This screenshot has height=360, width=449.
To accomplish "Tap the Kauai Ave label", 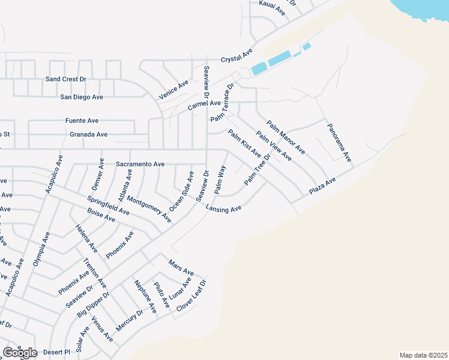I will click(x=272, y=4).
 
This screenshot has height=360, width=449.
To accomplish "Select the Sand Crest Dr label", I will click(x=66, y=79).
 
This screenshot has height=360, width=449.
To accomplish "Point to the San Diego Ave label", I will click(x=82, y=97).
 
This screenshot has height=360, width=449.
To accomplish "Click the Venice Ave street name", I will click(x=173, y=89).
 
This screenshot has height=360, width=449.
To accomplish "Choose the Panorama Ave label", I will click(x=339, y=143).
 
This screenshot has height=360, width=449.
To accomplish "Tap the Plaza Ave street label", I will click(x=322, y=185).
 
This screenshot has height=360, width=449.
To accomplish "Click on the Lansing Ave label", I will click(x=223, y=208).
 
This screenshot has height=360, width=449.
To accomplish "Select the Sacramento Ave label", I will click(x=140, y=164).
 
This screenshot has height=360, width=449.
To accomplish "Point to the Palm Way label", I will click(x=220, y=180).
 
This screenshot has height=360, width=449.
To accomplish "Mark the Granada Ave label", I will click(x=89, y=134).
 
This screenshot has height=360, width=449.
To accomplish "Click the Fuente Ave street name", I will click(x=82, y=121).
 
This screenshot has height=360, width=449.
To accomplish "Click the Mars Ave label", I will click(x=181, y=266).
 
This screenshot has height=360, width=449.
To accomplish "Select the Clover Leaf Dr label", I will click(x=191, y=295).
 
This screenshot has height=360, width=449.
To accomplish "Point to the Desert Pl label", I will click(x=59, y=351).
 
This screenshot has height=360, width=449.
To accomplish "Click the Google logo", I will click(x=20, y=353).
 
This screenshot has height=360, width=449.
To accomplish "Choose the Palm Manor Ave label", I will click(x=286, y=137).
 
